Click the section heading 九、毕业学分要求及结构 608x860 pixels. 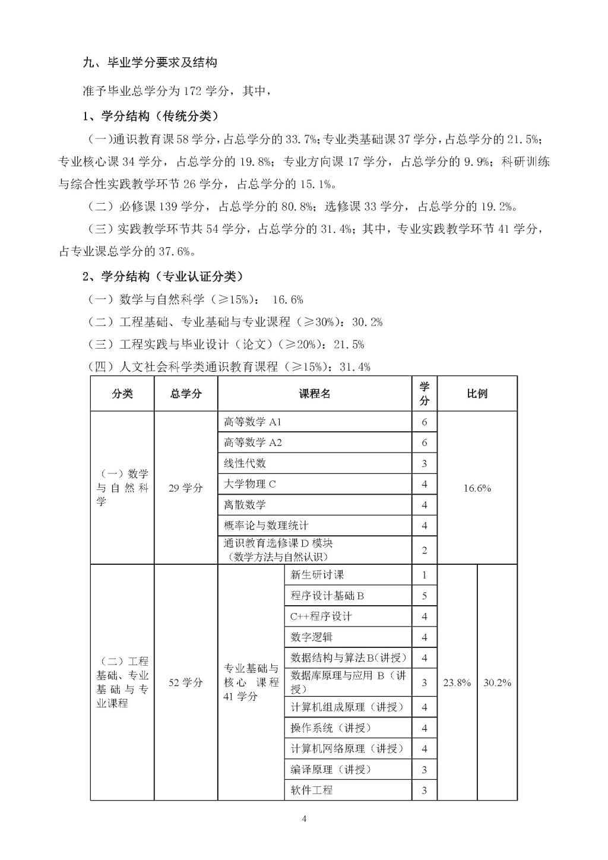pos(150,63)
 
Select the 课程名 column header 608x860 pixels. pos(315,394)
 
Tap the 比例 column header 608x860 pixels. pos(477,394)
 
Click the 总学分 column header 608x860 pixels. pos(186,394)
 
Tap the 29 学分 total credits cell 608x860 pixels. pos(186,488)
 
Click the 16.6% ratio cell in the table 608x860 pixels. pos(477,488)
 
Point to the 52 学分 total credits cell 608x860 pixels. pos(186,682)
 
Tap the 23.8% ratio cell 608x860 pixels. pos(457,682)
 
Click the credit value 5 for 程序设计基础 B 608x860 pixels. pos(424,596)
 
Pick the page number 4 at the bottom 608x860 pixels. pos(304,820)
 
